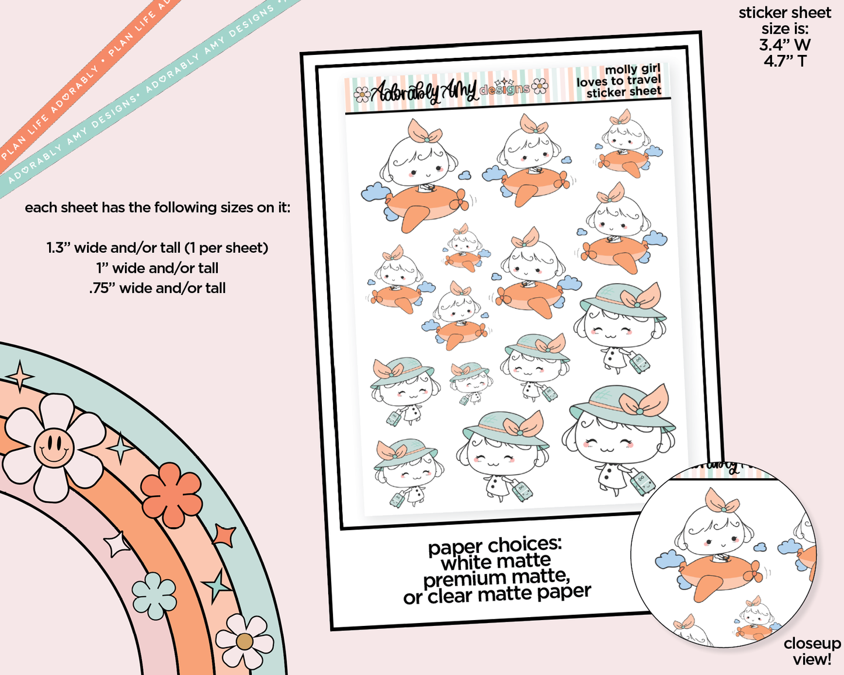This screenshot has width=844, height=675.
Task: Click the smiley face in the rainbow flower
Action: (x=54, y=447)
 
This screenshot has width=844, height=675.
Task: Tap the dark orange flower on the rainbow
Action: (x=171, y=495)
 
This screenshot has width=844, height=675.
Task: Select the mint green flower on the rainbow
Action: (x=154, y=596)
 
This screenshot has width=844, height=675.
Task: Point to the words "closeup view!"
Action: (x=812, y=652)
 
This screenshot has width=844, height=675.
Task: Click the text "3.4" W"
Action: (x=784, y=45)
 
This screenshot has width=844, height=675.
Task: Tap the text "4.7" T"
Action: (x=785, y=61)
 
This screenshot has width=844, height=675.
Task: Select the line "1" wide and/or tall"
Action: (x=157, y=268)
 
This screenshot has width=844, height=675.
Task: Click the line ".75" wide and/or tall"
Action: (x=157, y=288)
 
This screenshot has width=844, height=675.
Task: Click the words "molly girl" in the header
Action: (x=633, y=69)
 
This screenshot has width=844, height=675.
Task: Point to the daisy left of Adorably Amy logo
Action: (x=362, y=95)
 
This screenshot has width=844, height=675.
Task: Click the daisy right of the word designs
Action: (x=540, y=86)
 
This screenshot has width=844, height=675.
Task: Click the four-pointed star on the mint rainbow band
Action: (x=20, y=376)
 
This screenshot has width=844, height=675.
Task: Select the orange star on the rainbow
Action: (x=224, y=535)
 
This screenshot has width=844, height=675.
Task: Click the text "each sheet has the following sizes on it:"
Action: (x=157, y=207)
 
